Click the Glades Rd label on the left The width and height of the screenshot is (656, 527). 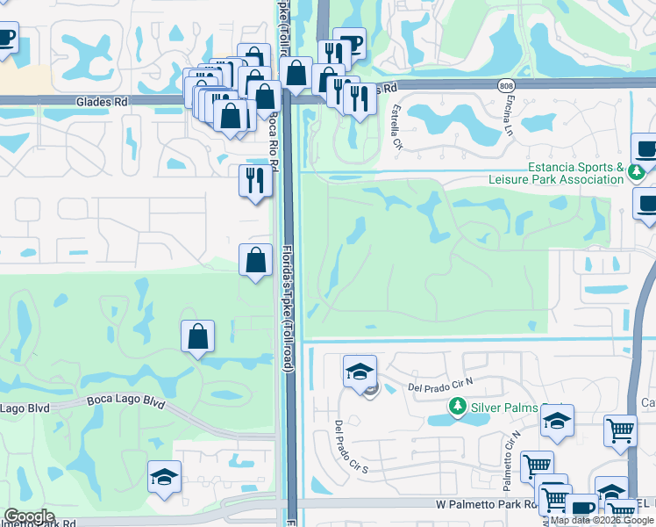102,102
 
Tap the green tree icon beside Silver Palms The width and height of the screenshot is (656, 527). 456,407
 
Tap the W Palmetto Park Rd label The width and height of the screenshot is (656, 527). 485,505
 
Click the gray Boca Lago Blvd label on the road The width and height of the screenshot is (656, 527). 126,401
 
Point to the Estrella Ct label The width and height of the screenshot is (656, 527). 396,126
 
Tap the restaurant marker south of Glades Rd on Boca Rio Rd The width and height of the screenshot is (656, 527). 254,181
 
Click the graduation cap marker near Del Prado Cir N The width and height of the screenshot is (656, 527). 360,372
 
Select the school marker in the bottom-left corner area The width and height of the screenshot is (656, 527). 164,477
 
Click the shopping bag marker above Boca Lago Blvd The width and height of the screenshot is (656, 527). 198,336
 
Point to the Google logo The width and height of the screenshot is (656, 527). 29,516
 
